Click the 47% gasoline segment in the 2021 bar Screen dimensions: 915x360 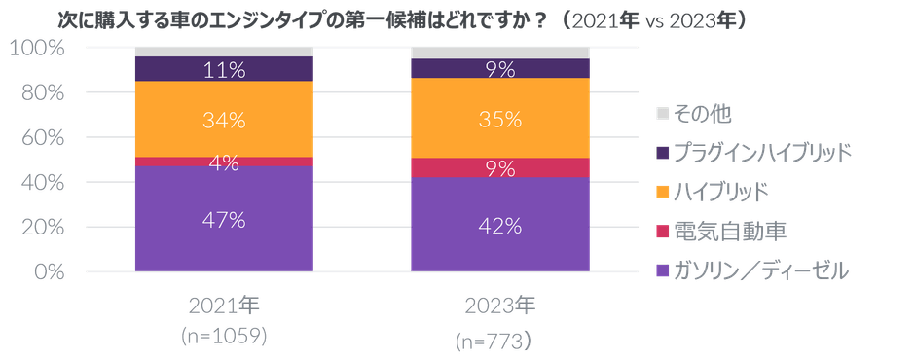[x=224, y=219]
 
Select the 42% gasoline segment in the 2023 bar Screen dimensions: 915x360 [x=500, y=225]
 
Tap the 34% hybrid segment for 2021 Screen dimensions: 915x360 [x=224, y=119]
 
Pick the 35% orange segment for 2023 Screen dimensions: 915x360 [x=500, y=118]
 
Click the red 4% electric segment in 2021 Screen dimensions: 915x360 [x=224, y=162]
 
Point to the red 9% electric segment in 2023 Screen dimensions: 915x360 [x=500, y=167]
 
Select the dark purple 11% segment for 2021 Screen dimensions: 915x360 [x=224, y=69]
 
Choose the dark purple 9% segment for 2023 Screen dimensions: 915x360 [x=500, y=68]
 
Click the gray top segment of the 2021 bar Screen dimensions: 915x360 [x=224, y=52]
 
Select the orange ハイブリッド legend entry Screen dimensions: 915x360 [x=712, y=193]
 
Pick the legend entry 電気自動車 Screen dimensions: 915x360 [x=721, y=232]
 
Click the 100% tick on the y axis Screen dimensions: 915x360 [x=37, y=48]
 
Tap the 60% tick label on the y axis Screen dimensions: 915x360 [x=42, y=138]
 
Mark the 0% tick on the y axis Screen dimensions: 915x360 [x=48, y=271]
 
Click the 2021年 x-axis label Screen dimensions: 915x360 [x=224, y=306]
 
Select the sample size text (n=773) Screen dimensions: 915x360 [x=494, y=342]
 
